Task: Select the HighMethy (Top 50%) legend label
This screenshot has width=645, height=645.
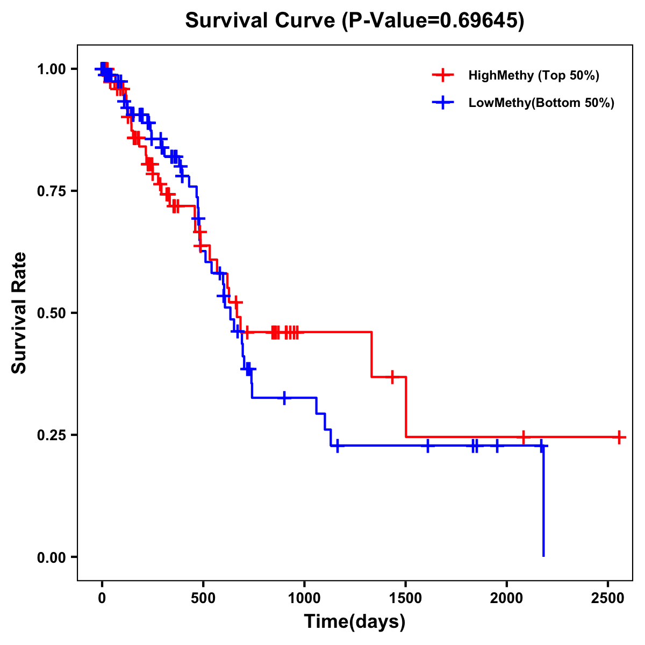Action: click(x=533, y=75)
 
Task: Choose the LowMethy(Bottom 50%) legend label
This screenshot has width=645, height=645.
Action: click(x=541, y=103)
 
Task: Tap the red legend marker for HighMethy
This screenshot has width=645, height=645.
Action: click(x=443, y=75)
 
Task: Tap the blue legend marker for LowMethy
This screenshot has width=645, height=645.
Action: click(x=443, y=103)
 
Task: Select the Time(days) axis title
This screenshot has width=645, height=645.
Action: click(x=355, y=622)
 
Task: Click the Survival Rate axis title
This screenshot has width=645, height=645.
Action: click(x=19, y=313)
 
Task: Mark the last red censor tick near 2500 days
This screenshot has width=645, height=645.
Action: click(x=619, y=437)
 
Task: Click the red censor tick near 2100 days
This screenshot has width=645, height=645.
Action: click(x=523, y=437)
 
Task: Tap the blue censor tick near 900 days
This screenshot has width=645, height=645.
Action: click(x=284, y=397)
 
